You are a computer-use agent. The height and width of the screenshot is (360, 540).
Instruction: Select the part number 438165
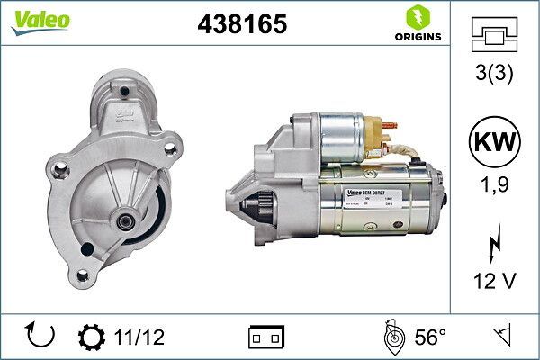click(241, 25)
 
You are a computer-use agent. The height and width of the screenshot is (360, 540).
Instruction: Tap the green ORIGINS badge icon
click(416, 17)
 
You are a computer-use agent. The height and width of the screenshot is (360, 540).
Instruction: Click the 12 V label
click(495, 281)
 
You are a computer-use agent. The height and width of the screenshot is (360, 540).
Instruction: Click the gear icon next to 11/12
click(91, 337)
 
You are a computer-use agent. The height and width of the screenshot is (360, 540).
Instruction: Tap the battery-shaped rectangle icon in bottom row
click(266, 337)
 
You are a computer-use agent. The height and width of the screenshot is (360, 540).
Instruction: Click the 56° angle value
click(430, 337)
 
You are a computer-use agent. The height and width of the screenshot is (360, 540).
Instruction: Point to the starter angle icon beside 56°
click(391, 337)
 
